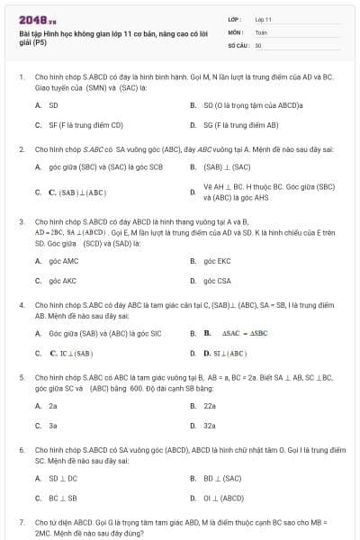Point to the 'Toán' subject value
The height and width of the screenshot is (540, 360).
pyautogui.click(x=261, y=31)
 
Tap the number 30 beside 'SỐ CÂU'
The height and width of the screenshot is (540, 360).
pyautogui.click(x=258, y=44)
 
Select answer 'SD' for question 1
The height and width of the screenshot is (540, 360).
pyautogui.click(x=53, y=105)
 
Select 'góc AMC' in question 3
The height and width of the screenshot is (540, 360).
pyautogui.click(x=64, y=261)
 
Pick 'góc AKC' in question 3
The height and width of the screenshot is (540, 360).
pyautogui.click(x=63, y=281)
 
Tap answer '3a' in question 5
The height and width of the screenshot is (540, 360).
pyautogui.click(x=53, y=426)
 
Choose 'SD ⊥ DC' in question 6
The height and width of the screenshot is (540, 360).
pyautogui.click(x=63, y=478)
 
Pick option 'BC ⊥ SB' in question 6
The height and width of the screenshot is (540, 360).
pyautogui.click(x=63, y=498)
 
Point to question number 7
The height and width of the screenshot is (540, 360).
pyautogui.click(x=22, y=522)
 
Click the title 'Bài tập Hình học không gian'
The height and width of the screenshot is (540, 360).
pyautogui.click(x=108, y=32)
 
